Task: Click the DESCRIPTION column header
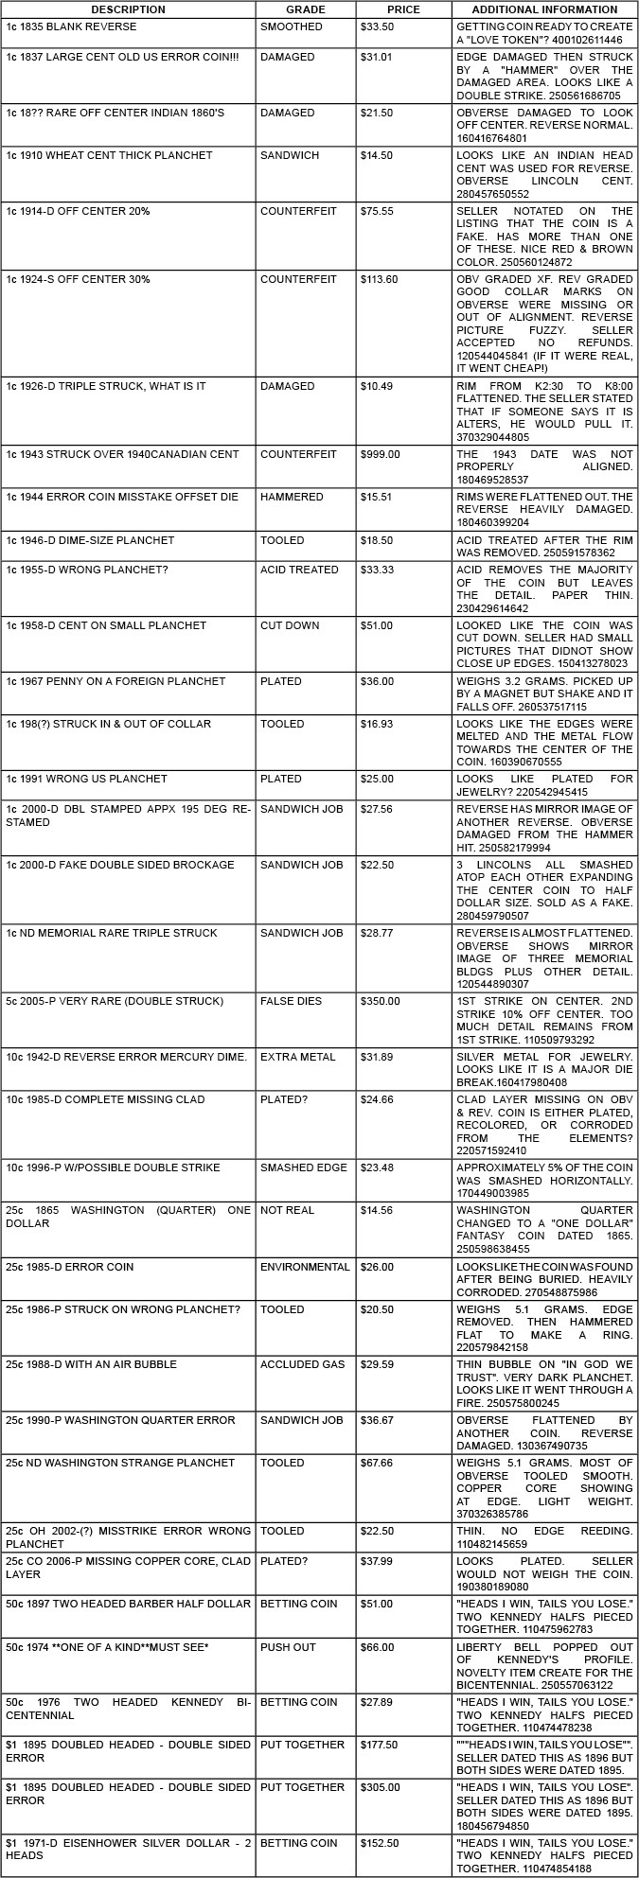coord(128,9)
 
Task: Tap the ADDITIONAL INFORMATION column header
coord(543,9)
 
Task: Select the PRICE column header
coord(403,9)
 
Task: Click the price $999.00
coord(381,454)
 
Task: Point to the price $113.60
coord(380,280)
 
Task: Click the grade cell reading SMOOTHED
coord(292,26)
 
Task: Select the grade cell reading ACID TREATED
coord(299,570)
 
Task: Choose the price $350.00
coord(381,1001)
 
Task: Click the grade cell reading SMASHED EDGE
coord(304,1167)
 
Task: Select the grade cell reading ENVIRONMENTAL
coord(305,1267)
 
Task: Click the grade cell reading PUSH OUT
coord(284,1647)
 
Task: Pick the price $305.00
coord(381,1787)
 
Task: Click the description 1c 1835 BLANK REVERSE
coord(71,26)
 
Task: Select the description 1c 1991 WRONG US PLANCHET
coord(86,779)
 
